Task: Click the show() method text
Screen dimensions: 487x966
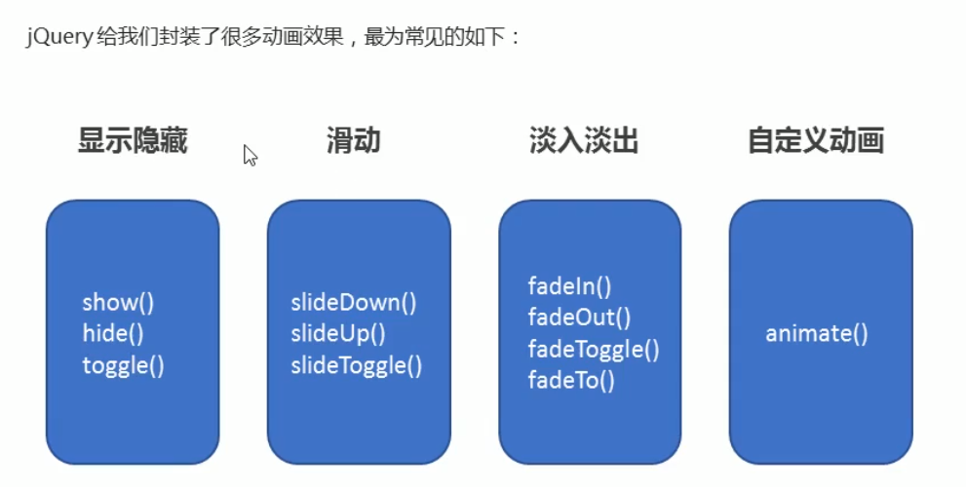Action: tap(118, 302)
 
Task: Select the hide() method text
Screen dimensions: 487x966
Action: tap(113, 334)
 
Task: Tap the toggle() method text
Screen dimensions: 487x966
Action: tap(123, 366)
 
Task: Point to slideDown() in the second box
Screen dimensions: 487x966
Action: tap(353, 302)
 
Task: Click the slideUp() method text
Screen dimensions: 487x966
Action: tap(338, 334)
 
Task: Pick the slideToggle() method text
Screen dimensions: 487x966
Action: tap(356, 366)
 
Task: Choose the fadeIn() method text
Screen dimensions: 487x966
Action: tap(569, 286)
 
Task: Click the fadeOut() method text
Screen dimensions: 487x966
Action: tap(579, 318)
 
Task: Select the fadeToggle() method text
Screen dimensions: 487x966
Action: tap(594, 349)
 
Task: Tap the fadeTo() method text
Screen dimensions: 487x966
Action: tap(571, 380)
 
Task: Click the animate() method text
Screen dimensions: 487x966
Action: tap(816, 334)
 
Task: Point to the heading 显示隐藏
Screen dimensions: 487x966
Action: tap(133, 141)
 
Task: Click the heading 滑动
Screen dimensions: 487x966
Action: tap(353, 141)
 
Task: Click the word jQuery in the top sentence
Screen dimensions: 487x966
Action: tap(59, 39)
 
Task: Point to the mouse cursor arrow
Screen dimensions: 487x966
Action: tap(249, 154)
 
